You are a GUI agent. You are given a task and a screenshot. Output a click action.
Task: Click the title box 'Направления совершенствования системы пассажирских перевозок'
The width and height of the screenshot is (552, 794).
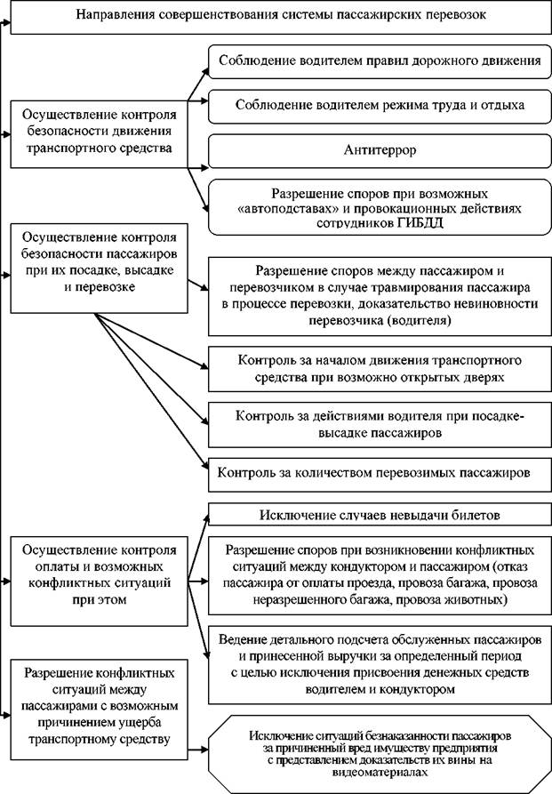click(281, 16)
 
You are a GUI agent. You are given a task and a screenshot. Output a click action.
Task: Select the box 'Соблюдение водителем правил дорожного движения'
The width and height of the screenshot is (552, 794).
click(380, 61)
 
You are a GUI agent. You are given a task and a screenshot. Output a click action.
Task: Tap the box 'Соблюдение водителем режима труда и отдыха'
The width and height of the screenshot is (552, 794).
click(380, 106)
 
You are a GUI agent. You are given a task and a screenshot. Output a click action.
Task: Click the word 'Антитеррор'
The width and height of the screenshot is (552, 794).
click(380, 150)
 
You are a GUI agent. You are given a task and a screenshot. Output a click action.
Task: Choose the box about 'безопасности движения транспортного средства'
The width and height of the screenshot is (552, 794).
click(100, 134)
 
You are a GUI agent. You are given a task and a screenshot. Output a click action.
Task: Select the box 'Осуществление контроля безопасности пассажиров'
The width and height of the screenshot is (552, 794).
click(100, 269)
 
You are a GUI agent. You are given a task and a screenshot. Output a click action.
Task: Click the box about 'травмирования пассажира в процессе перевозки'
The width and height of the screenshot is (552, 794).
click(380, 297)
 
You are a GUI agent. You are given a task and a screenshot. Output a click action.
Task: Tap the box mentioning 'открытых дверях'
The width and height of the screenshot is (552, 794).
click(380, 369)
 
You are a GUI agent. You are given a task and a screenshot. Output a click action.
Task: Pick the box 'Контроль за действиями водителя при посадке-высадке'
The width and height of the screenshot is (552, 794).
click(380, 425)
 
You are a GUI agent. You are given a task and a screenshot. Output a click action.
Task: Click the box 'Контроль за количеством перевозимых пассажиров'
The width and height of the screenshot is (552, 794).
click(380, 474)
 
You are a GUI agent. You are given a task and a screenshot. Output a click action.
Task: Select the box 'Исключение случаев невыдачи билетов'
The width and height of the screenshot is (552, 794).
click(380, 515)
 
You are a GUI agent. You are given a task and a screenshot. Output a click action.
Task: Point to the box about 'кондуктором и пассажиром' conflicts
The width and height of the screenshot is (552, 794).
click(380, 576)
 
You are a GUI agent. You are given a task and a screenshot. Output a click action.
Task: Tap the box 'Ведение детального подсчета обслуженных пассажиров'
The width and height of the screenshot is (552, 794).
click(380, 665)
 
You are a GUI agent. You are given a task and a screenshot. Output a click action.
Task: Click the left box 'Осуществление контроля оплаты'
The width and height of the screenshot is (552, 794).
click(100, 581)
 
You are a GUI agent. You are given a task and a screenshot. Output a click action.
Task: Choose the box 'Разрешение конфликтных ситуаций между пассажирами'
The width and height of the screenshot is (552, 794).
click(100, 710)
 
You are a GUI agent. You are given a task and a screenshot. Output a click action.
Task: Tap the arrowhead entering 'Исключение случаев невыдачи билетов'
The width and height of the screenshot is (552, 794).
click(205, 519)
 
